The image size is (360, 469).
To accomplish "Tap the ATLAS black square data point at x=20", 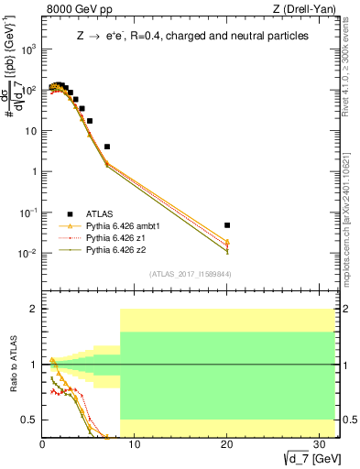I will [227, 224].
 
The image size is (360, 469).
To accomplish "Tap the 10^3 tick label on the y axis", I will [29, 49].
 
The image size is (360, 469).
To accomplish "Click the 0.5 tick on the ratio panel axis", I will [30, 420].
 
